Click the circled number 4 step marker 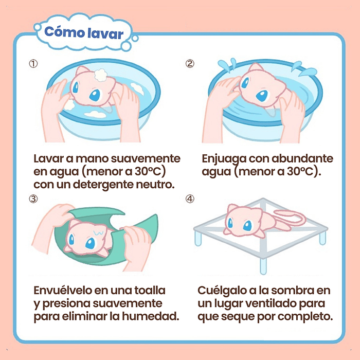(x=190, y=199)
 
